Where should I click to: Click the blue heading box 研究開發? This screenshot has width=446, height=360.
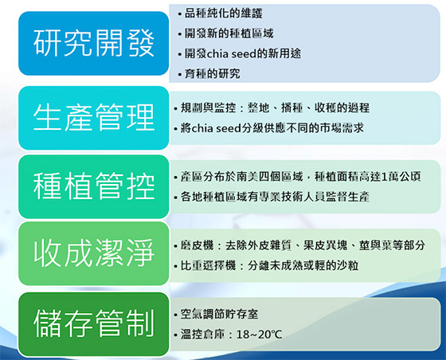point(94,43)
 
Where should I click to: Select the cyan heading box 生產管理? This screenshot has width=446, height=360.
point(94,118)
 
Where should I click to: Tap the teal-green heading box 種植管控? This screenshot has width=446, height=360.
point(94,186)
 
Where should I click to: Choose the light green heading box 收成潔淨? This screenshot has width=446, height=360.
point(94,253)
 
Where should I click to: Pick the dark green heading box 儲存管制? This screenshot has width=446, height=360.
point(94,324)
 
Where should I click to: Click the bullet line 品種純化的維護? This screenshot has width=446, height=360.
point(220,13)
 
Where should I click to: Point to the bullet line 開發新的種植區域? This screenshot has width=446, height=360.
point(226,33)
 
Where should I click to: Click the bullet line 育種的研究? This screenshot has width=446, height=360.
point(209,73)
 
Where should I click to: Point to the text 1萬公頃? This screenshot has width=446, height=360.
point(401,177)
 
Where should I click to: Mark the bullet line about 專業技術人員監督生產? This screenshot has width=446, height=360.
point(272,197)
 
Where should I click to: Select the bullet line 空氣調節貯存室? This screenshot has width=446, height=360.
point(216,314)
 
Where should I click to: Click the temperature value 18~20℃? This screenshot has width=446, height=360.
point(259,335)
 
